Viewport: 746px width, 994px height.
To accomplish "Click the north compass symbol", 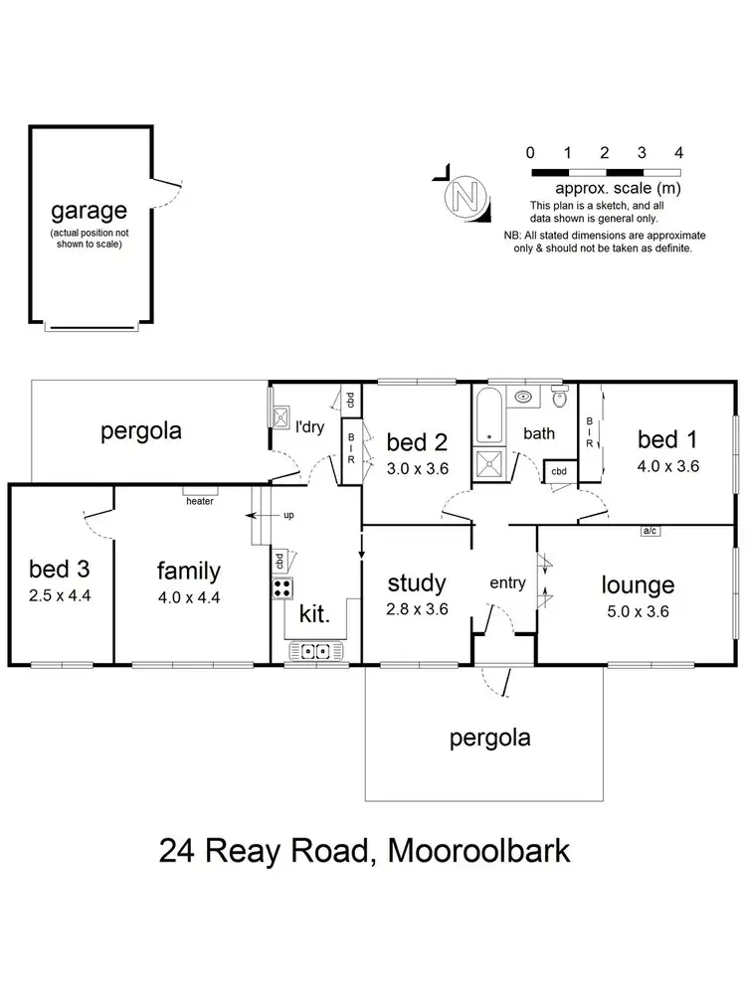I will pyautogui.click(x=465, y=196).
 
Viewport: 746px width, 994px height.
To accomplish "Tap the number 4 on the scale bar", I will pyautogui.click(x=678, y=153).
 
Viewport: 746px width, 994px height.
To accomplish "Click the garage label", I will pyautogui.click(x=90, y=210).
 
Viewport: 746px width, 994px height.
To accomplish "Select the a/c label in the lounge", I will pyautogui.click(x=651, y=531).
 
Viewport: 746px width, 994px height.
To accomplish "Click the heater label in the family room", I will pyautogui.click(x=200, y=501).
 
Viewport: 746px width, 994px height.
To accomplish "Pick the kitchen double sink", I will pyautogui.click(x=315, y=652).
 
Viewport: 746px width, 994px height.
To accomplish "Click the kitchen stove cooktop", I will pyautogui.click(x=280, y=587).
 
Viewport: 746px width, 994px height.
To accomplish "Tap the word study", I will pyautogui.click(x=417, y=582).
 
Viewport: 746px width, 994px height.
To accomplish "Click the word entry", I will pyautogui.click(x=507, y=583).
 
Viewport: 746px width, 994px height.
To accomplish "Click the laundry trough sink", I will pyautogui.click(x=281, y=415).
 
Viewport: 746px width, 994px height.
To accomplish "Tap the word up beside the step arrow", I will pyautogui.click(x=289, y=516).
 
